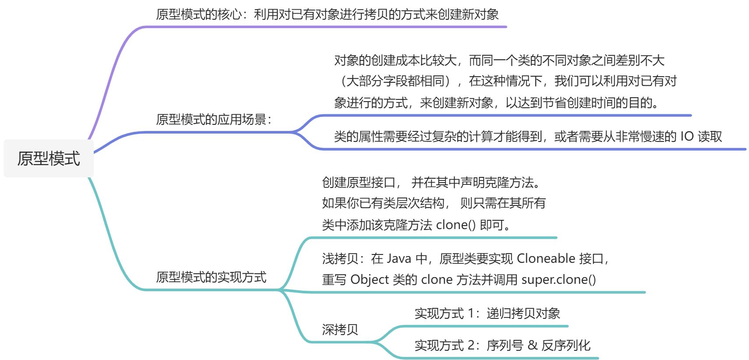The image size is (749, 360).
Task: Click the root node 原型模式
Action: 49,159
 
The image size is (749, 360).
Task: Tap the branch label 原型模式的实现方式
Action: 211,277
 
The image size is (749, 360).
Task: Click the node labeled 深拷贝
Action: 340,329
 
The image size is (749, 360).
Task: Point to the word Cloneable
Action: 546,258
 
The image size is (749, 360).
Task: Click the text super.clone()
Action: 558,279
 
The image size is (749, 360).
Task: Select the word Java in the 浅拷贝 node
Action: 399,258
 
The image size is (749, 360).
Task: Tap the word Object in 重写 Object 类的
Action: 370,279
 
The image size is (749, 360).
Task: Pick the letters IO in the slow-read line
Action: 687,137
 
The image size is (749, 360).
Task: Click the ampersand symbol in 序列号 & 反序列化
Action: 532,345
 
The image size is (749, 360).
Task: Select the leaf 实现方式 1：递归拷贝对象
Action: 487,313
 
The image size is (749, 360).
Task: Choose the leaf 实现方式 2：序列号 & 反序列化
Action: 502,345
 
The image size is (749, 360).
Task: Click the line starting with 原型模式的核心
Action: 327,14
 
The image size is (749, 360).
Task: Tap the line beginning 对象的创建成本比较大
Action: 499,60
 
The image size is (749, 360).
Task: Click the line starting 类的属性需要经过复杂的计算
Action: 528,137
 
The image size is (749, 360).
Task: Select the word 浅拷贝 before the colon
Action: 340,258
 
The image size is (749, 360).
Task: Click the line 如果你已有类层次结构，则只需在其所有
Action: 434,203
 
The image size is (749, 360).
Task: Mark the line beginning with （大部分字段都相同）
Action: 506,81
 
